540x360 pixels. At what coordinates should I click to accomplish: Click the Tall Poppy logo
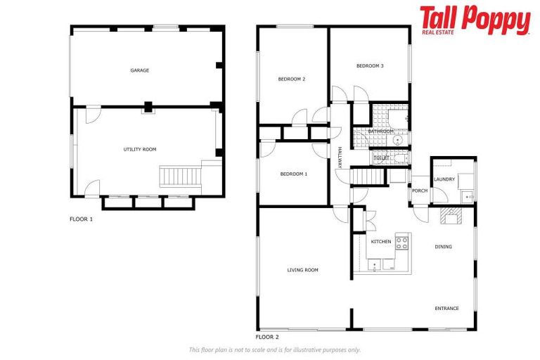(475, 20)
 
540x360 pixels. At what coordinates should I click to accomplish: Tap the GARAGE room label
(139, 70)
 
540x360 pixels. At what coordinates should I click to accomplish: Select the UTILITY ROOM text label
(139, 149)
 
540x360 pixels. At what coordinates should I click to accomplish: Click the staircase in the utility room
(180, 176)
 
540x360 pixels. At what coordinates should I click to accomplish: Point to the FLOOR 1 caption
(81, 219)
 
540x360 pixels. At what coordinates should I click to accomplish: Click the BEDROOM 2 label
(291, 79)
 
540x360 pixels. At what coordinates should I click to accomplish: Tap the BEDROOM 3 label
(370, 66)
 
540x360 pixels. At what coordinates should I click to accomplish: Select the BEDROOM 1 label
(293, 174)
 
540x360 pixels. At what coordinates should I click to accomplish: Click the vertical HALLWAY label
(339, 157)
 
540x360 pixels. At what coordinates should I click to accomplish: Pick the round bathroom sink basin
(398, 141)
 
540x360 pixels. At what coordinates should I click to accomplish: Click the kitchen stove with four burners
(402, 243)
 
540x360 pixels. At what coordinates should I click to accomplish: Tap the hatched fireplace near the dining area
(449, 217)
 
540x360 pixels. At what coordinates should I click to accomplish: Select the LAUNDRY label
(444, 179)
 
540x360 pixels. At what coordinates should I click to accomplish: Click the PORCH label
(420, 190)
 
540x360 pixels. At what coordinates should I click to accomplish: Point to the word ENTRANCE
(446, 308)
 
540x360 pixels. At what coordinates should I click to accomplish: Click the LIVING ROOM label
(303, 269)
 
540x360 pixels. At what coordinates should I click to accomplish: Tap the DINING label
(443, 247)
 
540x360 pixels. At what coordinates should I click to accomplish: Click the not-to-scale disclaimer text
(274, 349)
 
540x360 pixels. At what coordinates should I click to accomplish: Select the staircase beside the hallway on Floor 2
(369, 177)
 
